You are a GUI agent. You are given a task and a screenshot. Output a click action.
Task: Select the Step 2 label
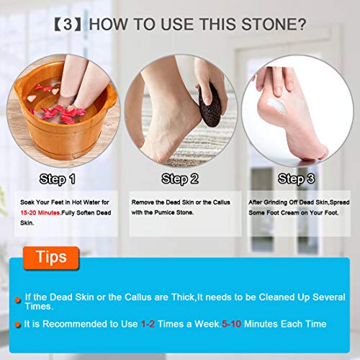[180, 178]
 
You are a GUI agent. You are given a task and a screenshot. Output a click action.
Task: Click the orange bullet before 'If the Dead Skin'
[17, 299]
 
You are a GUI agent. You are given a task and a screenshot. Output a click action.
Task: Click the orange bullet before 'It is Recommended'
[17, 324]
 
